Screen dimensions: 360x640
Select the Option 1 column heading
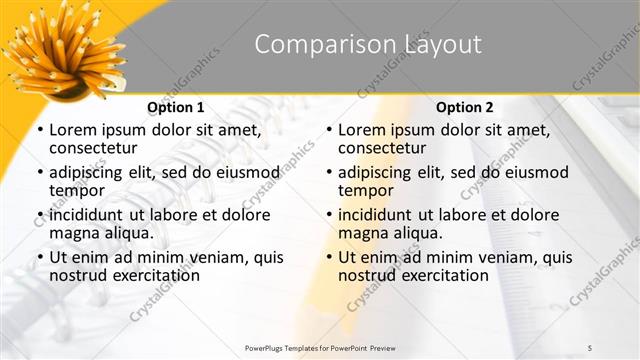pyautogui.click(x=176, y=107)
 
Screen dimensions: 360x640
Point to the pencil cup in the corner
pyautogui.click(x=62, y=55)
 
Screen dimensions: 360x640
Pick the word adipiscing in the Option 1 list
pyautogui.click(x=90, y=171)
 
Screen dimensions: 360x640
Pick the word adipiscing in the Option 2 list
pyautogui.click(x=379, y=171)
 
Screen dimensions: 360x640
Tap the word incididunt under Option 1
pyautogui.click(x=89, y=214)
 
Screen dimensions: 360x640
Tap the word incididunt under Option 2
pyautogui.click(x=378, y=214)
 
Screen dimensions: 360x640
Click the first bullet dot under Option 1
pyautogui.click(x=39, y=131)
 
